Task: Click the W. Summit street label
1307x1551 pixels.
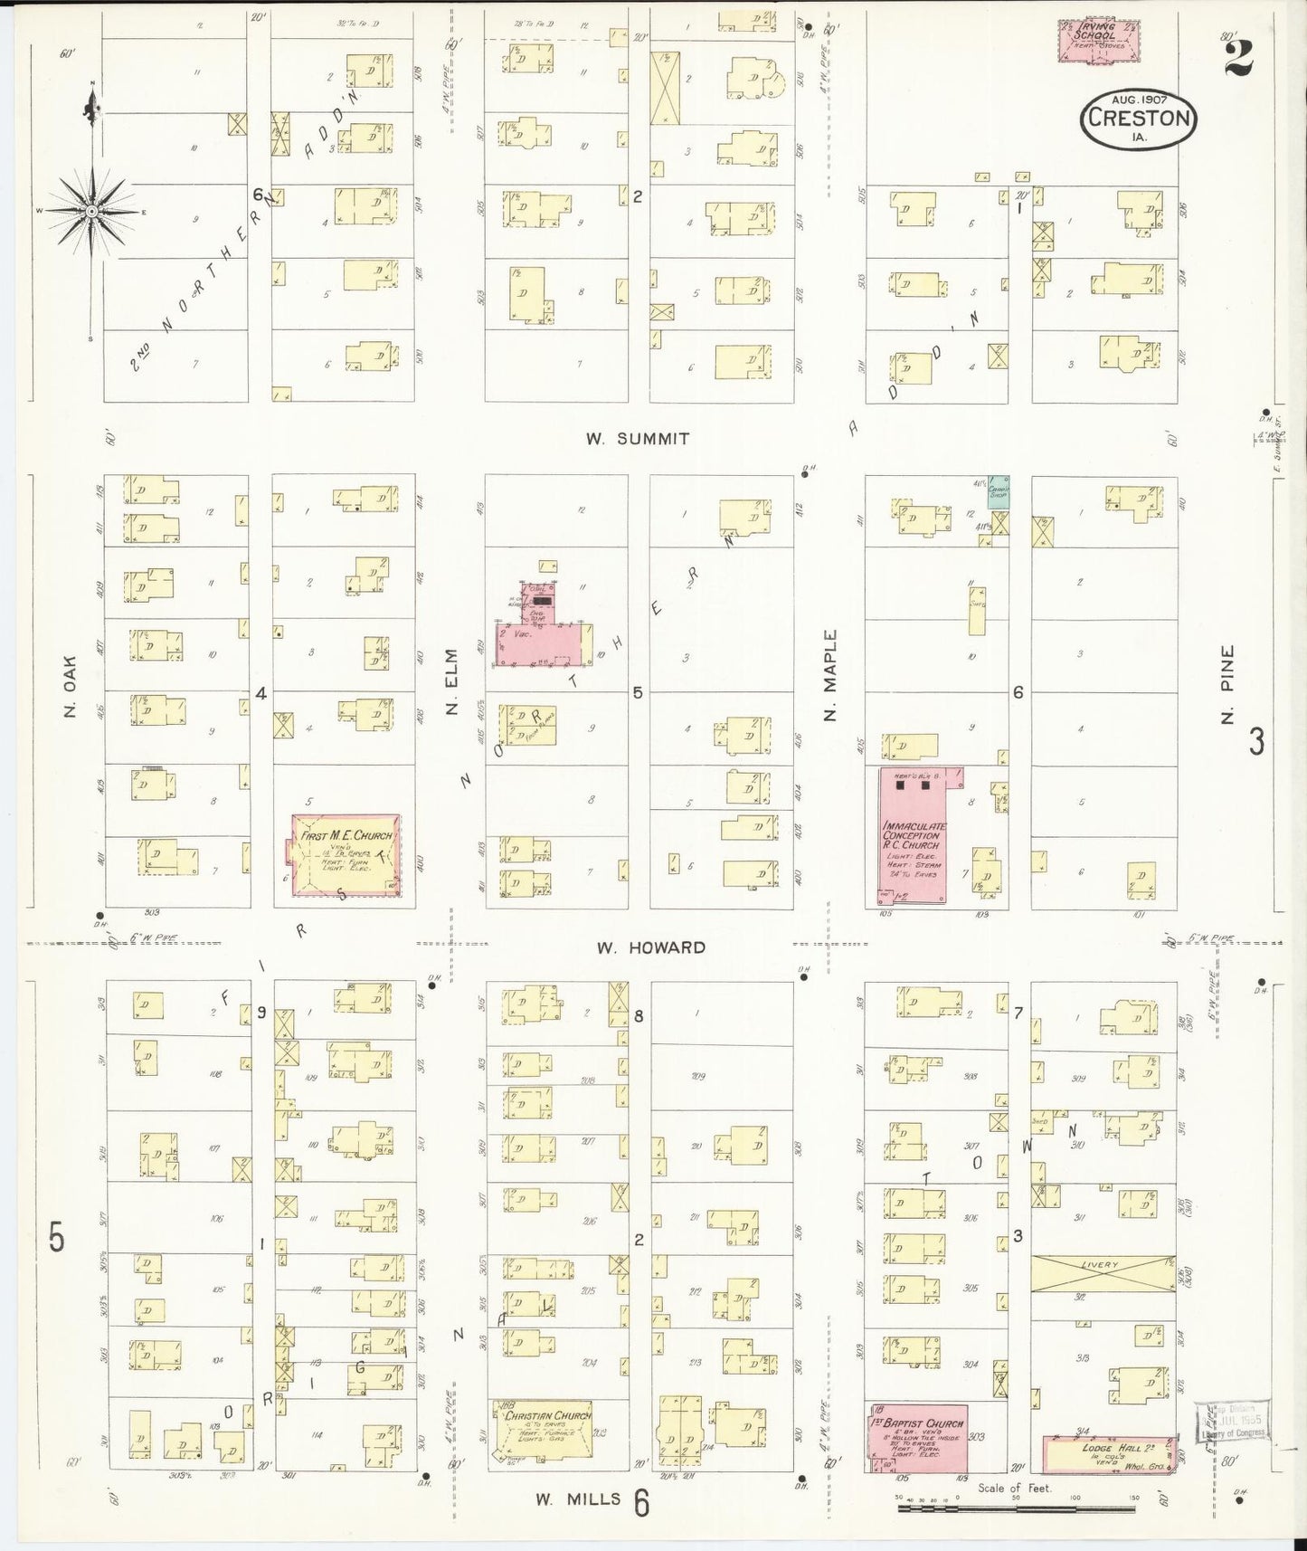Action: [637, 439]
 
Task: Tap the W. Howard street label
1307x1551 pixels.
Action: [650, 947]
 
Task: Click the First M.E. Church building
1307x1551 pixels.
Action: [346, 855]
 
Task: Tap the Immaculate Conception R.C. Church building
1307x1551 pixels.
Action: [912, 837]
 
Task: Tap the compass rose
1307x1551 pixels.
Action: [91, 212]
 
